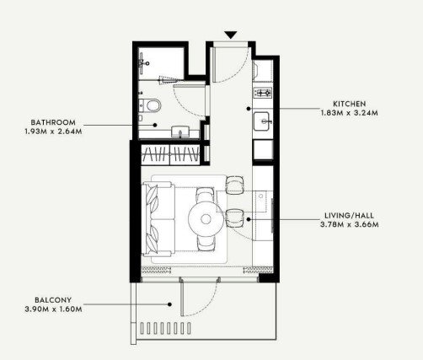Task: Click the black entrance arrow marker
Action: pos(231,35)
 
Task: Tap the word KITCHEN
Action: pos(350,104)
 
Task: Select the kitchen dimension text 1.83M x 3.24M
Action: pos(350,113)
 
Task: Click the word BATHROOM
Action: pos(53,122)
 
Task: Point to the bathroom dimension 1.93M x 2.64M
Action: pos(53,132)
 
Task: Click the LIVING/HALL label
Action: pos(349,216)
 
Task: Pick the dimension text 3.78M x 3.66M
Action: pos(349,224)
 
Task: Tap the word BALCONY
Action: pos(53,300)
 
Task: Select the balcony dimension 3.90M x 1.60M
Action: pos(53,309)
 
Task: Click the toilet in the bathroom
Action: pos(150,105)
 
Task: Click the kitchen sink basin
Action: pos(262,121)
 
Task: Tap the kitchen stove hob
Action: pos(263,93)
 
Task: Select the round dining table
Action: pos(206,219)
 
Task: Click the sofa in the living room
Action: pos(158,219)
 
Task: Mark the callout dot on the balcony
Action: pos(169,304)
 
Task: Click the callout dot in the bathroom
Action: pos(155,125)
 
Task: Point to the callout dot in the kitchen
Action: pos(249,109)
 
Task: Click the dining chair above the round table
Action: pos(206,195)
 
